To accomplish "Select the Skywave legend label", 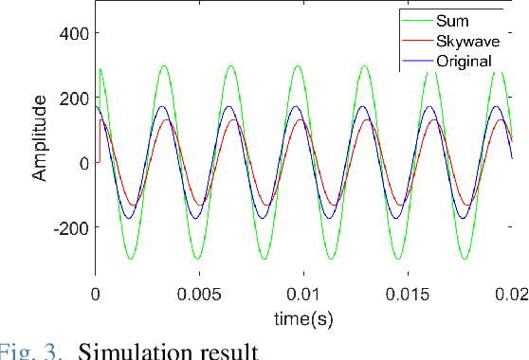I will point(466,41).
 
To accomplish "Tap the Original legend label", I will point(465,62).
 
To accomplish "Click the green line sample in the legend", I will point(417,20).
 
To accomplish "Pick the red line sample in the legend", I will point(417,41).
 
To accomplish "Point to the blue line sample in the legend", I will point(417,62).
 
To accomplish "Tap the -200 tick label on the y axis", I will point(67,228).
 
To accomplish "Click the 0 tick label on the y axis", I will point(82,163).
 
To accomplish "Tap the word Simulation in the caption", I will point(138,351).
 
